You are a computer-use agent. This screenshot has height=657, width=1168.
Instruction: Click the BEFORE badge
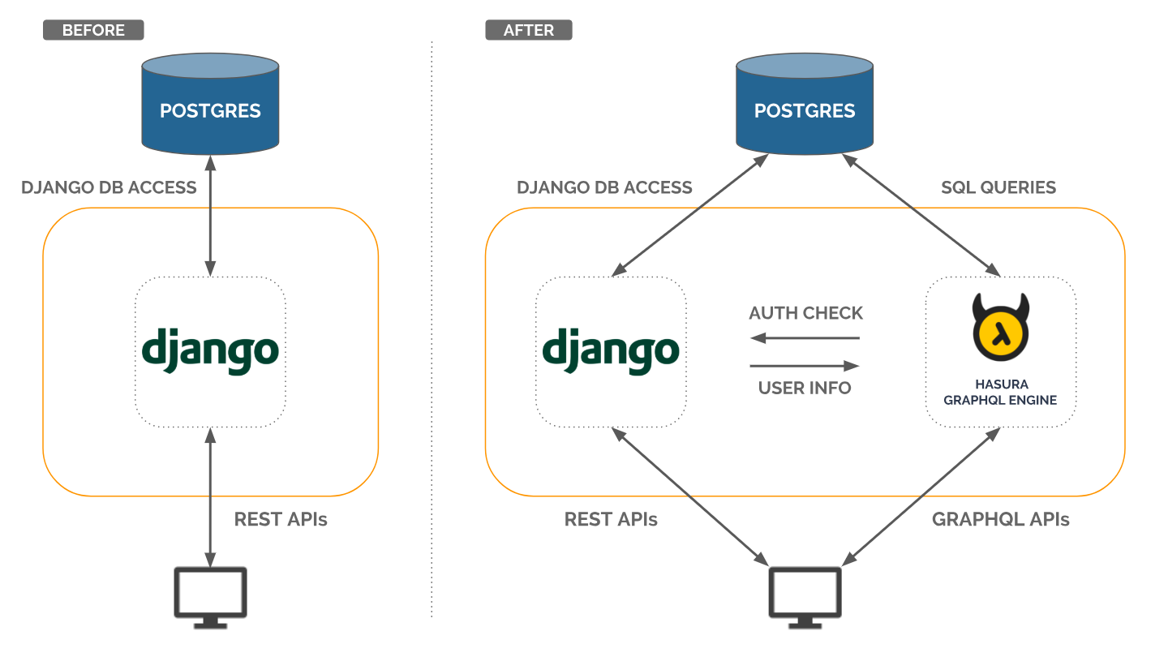click(x=93, y=30)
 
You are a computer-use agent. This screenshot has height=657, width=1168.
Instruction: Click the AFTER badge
click(x=529, y=30)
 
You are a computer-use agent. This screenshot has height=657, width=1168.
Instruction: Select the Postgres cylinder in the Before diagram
click(x=210, y=104)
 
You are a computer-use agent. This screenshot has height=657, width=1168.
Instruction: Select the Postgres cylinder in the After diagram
click(x=805, y=104)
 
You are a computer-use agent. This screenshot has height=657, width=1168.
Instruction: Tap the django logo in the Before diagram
click(x=210, y=351)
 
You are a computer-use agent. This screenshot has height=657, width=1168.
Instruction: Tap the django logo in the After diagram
click(x=611, y=351)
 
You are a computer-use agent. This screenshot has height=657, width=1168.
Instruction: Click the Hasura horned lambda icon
click(x=1001, y=327)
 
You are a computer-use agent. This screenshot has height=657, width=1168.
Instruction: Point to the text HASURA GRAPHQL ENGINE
click(x=1000, y=392)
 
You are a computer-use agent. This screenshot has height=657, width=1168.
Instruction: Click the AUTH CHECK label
click(x=805, y=313)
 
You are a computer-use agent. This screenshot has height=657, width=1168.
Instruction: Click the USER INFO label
click(x=805, y=388)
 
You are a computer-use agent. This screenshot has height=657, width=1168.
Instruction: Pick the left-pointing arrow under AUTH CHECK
click(x=805, y=338)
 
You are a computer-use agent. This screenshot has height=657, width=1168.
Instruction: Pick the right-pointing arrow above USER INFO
click(x=805, y=366)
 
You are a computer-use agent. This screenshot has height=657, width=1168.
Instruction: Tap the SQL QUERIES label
click(x=998, y=187)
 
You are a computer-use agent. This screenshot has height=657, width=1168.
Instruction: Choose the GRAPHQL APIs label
click(x=1001, y=519)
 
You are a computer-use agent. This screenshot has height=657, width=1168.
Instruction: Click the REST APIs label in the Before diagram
click(x=281, y=519)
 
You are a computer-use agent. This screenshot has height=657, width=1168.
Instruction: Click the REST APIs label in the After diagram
click(x=611, y=519)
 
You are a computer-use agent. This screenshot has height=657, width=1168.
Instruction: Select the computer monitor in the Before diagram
click(x=210, y=598)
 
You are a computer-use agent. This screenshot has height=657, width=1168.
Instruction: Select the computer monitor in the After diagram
click(x=805, y=598)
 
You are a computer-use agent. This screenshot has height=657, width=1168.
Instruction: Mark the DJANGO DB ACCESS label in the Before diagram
click(x=109, y=187)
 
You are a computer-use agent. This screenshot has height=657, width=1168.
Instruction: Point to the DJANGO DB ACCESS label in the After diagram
click(x=604, y=187)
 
